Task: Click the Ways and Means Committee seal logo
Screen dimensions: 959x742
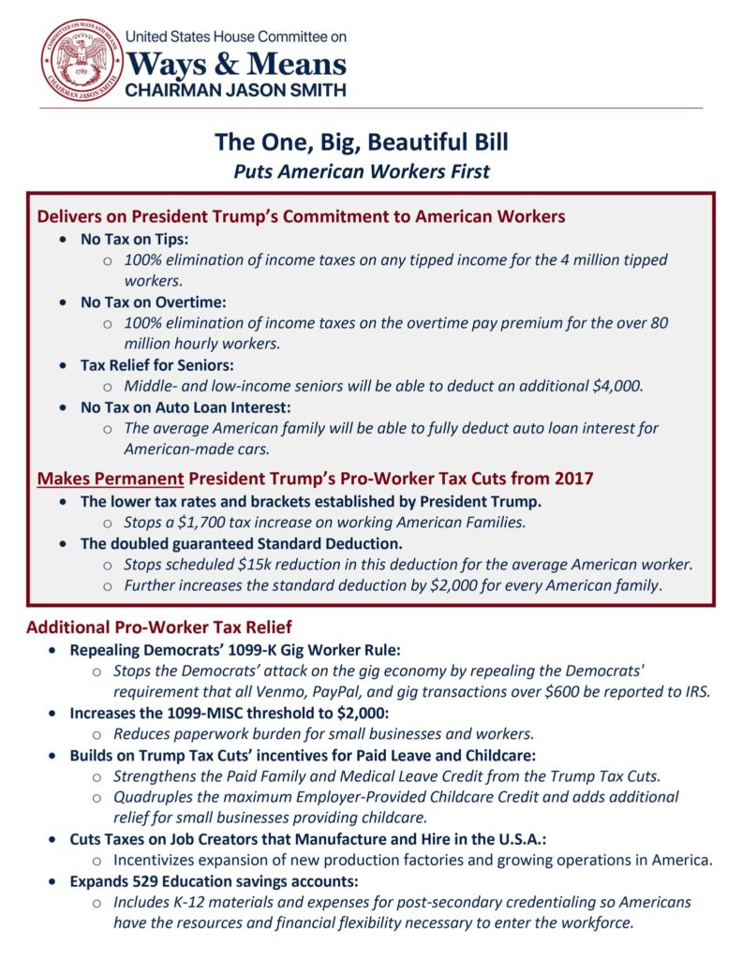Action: (x=82, y=59)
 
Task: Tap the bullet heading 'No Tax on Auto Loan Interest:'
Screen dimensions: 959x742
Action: (x=185, y=408)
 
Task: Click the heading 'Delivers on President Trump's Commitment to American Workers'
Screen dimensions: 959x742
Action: (x=301, y=216)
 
